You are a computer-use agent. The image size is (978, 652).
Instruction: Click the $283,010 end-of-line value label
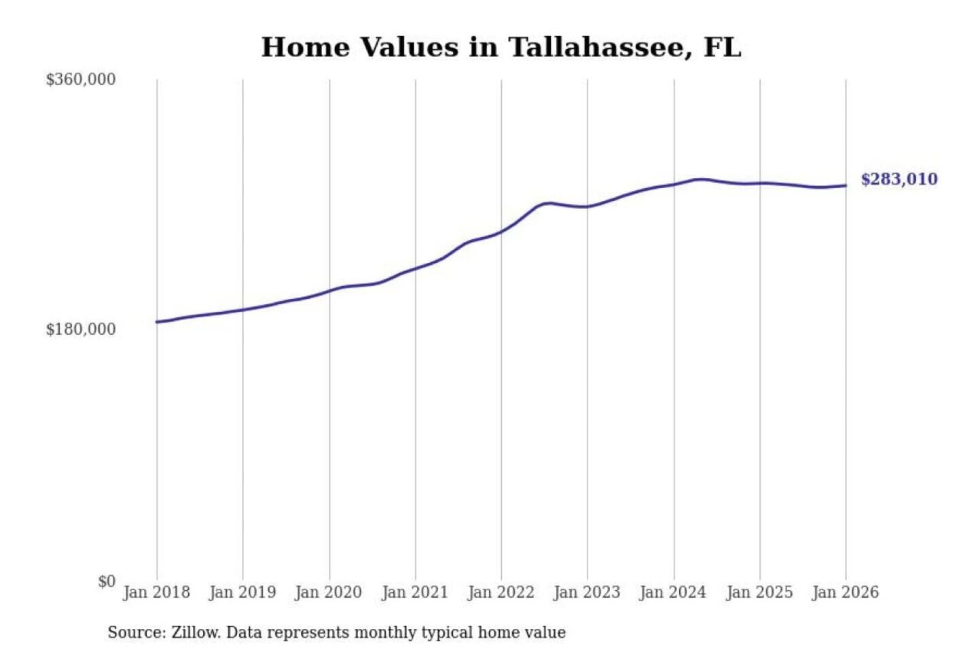point(899,179)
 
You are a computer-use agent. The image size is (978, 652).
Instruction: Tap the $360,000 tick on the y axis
point(80,79)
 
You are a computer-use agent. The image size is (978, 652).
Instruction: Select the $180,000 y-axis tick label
point(80,329)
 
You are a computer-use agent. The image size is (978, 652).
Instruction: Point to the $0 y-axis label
point(106,581)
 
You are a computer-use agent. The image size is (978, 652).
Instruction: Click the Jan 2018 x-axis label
point(156,592)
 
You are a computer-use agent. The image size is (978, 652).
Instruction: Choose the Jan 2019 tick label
point(242,592)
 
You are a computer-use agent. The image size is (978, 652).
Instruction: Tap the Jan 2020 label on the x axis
point(329,592)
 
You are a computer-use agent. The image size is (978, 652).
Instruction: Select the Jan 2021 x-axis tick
point(415,592)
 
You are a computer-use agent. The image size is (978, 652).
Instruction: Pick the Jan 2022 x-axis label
point(501,592)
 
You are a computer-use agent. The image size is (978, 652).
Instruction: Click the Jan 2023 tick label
point(587,592)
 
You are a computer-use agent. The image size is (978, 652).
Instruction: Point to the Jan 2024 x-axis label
point(673,592)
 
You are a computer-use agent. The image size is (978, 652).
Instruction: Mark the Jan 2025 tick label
point(759,592)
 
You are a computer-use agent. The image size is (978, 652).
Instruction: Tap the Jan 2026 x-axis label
point(846,592)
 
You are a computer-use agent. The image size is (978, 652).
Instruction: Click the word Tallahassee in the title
point(600,48)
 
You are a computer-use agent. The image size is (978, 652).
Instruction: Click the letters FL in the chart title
point(722,48)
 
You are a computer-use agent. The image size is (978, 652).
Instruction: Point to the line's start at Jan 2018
point(157,322)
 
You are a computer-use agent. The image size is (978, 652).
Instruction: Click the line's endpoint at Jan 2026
point(846,185)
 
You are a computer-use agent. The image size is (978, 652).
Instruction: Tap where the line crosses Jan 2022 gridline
point(502,232)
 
